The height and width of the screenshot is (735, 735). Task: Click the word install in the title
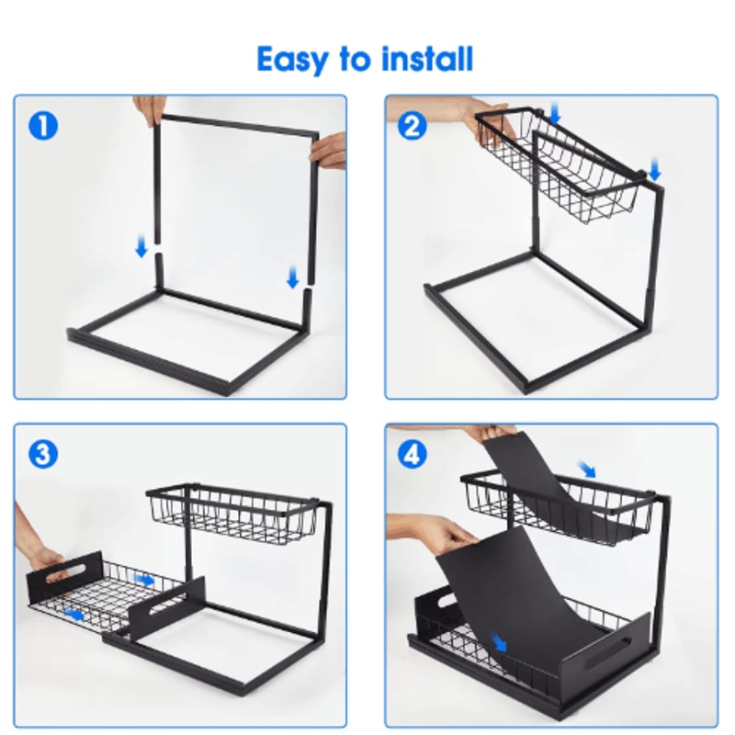pos(427,59)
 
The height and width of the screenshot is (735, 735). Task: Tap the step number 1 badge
pos(43,126)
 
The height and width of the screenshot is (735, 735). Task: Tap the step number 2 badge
pos(412,126)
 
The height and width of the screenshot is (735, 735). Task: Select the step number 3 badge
pos(43,454)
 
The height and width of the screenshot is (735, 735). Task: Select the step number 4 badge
pos(412,454)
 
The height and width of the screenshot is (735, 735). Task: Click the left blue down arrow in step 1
pos(141,247)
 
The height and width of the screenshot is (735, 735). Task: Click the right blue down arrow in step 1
pos(292,277)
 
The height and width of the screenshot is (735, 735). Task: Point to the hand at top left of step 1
pos(149,109)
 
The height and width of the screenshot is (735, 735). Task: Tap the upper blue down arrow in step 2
pos(555,114)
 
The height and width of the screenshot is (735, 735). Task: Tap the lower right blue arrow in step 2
pos(654,170)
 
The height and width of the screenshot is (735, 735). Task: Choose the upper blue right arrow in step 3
pos(144,581)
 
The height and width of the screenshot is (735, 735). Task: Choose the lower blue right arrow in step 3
pos(74,614)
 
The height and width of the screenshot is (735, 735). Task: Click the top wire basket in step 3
pos(233,514)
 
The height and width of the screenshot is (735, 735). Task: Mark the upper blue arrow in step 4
pos(587,469)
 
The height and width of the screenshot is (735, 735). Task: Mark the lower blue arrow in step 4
pos(499,642)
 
